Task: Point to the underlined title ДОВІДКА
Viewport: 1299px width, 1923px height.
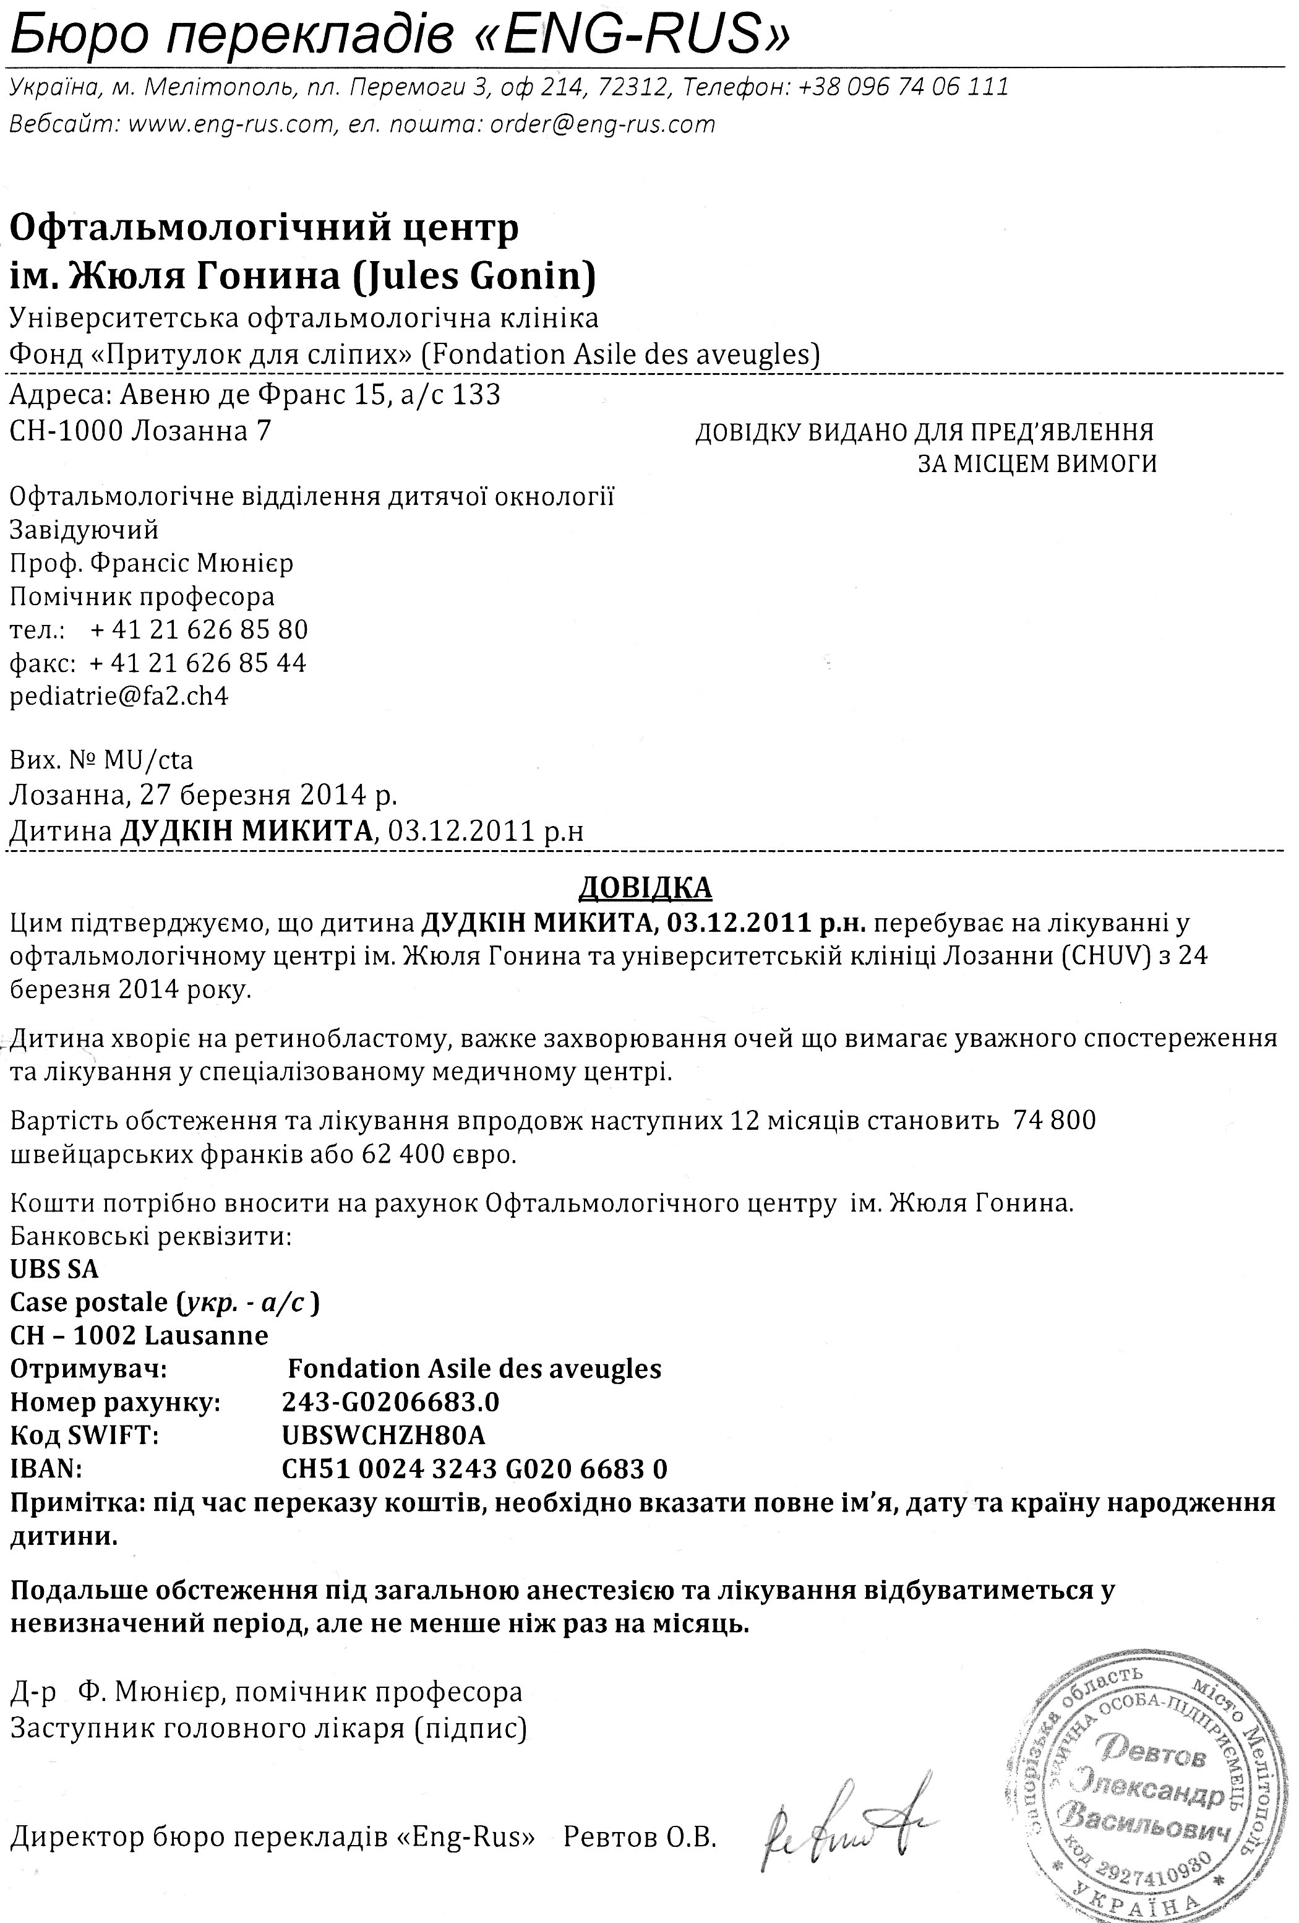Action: pyautogui.click(x=645, y=887)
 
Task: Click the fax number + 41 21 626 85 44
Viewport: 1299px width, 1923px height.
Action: pyautogui.click(x=198, y=663)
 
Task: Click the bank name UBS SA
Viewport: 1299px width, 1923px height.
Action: pyautogui.click(x=54, y=1269)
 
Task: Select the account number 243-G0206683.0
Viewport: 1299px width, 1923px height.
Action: pyautogui.click(x=390, y=1401)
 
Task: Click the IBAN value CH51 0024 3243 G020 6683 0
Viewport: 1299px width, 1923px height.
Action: pyautogui.click(x=474, y=1469)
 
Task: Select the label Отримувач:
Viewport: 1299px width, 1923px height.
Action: pyautogui.click(x=88, y=1369)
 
